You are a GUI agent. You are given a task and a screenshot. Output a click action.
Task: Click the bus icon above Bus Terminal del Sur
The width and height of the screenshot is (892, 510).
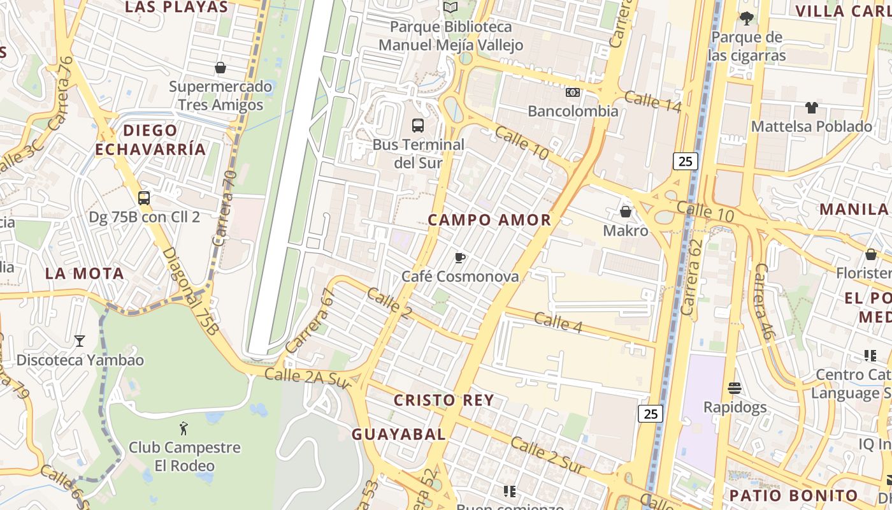[x=418, y=125]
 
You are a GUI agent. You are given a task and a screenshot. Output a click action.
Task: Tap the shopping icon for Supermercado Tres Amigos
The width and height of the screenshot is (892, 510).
[x=220, y=67]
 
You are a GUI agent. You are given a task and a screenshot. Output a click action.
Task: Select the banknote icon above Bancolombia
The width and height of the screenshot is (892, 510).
[x=573, y=92]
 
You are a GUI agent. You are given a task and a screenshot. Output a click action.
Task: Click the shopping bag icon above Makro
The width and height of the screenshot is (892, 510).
[x=626, y=211]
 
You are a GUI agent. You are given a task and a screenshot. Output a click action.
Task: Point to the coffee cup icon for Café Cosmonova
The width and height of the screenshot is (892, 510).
[x=460, y=258]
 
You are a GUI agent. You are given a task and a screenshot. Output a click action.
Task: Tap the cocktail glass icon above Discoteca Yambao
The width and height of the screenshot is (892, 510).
[x=80, y=341]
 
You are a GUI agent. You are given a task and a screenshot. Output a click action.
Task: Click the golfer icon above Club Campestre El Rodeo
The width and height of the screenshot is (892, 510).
[x=184, y=428]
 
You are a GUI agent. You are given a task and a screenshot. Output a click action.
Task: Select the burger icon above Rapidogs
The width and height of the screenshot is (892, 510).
[x=735, y=388]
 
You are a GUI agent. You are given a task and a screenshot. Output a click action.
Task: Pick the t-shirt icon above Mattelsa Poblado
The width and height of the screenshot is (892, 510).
[x=811, y=107]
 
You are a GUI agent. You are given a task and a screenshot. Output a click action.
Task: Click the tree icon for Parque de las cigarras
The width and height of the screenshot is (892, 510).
[x=747, y=18]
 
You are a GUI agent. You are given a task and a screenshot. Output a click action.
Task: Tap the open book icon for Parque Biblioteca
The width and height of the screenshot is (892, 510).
[x=450, y=8]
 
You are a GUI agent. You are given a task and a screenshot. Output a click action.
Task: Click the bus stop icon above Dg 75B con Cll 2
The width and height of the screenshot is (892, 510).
[x=144, y=198]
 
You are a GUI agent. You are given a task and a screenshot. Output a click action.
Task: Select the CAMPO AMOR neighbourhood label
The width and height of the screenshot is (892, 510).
[x=489, y=220]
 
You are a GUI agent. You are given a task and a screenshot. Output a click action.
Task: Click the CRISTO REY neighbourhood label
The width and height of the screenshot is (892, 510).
[x=443, y=400]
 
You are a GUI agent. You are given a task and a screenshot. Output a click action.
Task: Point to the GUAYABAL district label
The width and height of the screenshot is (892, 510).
[x=399, y=434]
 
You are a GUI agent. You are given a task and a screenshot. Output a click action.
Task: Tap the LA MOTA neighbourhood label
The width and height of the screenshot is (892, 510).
[x=85, y=273]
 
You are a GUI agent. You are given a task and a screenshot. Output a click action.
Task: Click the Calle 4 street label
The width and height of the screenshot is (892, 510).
[x=558, y=322]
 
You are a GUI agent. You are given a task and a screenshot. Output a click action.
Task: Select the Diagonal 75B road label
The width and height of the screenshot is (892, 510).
[x=190, y=291]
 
